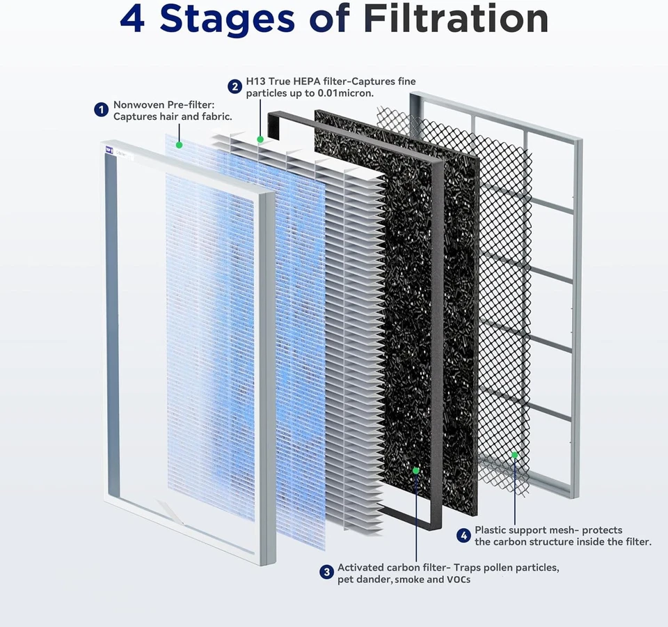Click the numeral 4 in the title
coord(132,19)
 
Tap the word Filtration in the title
coord(455,19)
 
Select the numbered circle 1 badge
coord(101,109)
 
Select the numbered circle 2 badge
coord(234,86)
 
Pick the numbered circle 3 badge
coord(326,572)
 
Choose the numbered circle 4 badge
coord(463,535)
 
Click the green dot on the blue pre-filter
coord(179,145)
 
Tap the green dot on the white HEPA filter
coord(260,139)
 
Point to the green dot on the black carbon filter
coord(415,470)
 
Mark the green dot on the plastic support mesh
coord(515,454)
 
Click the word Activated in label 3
coord(363,568)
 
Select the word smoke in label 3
coord(415,580)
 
